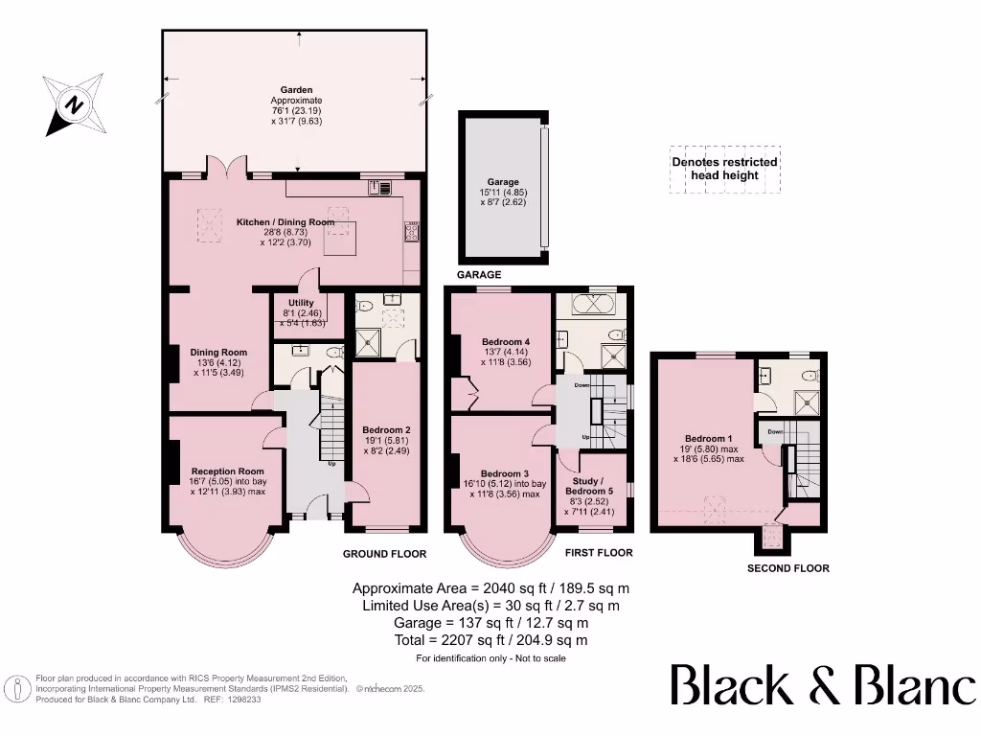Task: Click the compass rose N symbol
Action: tap(75, 104)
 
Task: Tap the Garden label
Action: tap(296, 90)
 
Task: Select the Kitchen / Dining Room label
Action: tap(285, 222)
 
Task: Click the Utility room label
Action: tap(301, 303)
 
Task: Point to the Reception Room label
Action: tap(228, 471)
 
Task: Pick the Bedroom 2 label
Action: tap(387, 430)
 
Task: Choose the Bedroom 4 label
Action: tap(506, 342)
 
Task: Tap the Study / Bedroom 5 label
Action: tap(589, 486)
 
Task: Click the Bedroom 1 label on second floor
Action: tap(708, 439)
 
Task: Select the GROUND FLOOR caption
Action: tap(385, 554)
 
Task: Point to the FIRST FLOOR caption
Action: tap(599, 553)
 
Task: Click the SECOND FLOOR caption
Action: tap(788, 568)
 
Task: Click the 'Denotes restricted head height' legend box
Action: tap(725, 169)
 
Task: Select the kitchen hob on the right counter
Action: tap(412, 232)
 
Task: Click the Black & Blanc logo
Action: tap(823, 685)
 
